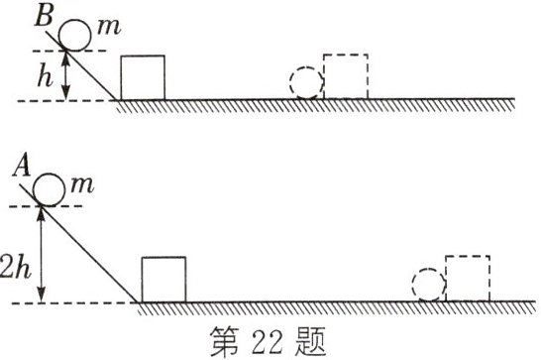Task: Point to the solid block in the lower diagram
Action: click(162, 279)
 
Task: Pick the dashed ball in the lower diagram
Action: click(429, 285)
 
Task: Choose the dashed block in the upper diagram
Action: click(346, 76)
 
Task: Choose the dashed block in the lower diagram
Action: click(468, 279)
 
